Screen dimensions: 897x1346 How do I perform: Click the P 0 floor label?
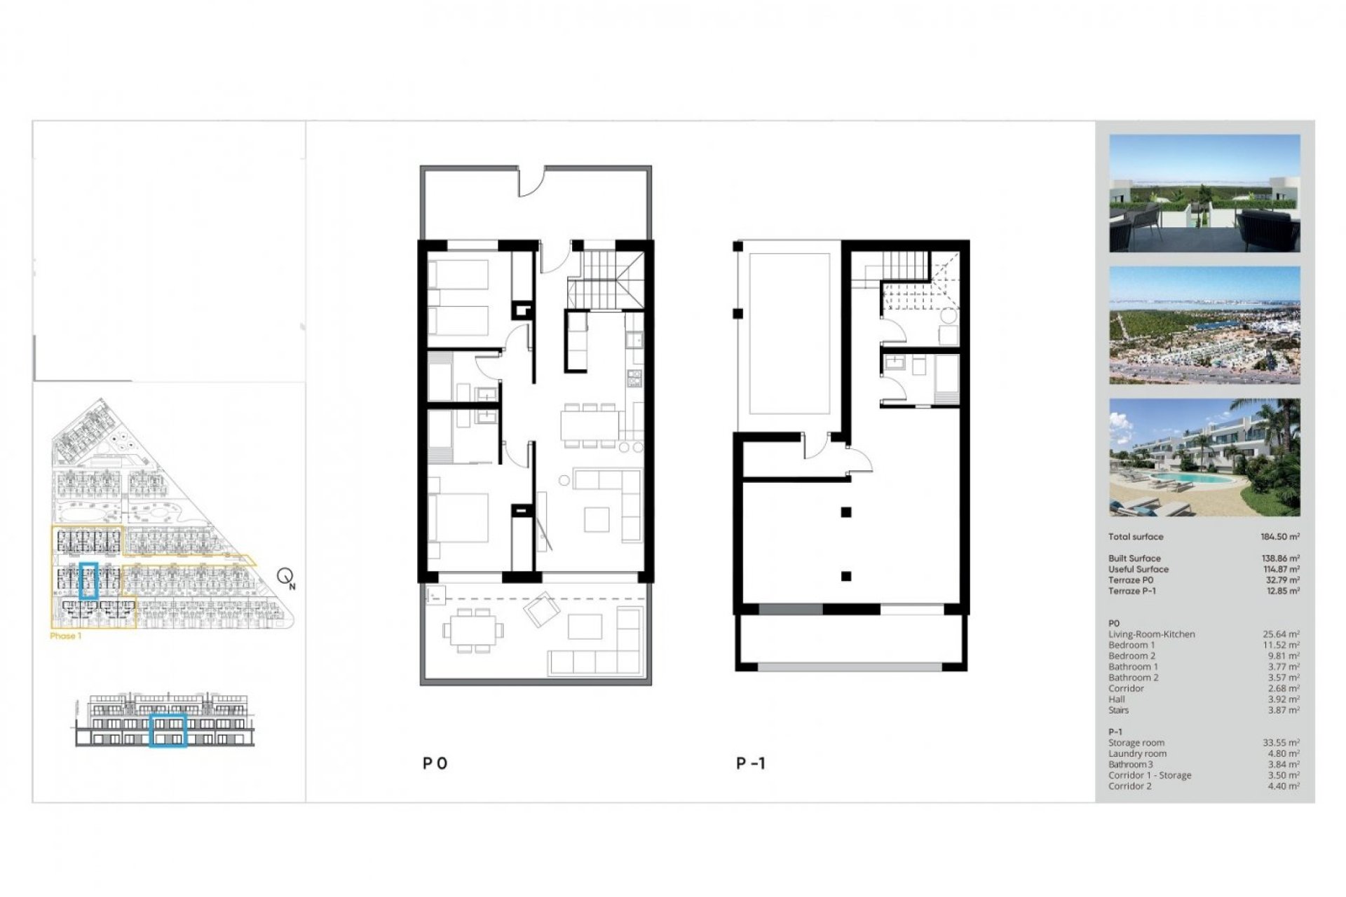point(435,763)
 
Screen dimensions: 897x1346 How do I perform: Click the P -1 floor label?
point(750,763)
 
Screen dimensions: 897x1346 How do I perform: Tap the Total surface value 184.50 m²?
point(1279,537)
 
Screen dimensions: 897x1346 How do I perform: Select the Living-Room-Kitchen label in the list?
point(1151,634)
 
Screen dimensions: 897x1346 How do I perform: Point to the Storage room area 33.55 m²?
point(1281,743)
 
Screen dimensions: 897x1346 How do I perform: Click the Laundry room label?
point(1137,754)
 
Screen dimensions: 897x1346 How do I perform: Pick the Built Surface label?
point(1134,559)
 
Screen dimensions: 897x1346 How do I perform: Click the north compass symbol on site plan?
point(285,577)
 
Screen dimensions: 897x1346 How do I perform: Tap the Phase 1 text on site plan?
point(66,636)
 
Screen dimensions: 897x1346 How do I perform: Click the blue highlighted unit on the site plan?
point(88,581)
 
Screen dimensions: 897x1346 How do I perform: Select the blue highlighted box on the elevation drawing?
point(168,731)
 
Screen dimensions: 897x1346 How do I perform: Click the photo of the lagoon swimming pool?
point(1204,458)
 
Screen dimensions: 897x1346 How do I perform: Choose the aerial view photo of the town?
point(1204,325)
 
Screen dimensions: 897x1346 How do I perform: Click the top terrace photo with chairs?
point(1204,193)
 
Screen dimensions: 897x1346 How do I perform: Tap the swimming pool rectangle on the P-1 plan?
point(789,334)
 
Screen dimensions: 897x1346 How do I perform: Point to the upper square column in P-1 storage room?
point(846,512)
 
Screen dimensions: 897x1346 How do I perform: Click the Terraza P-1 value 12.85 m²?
point(1281,591)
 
